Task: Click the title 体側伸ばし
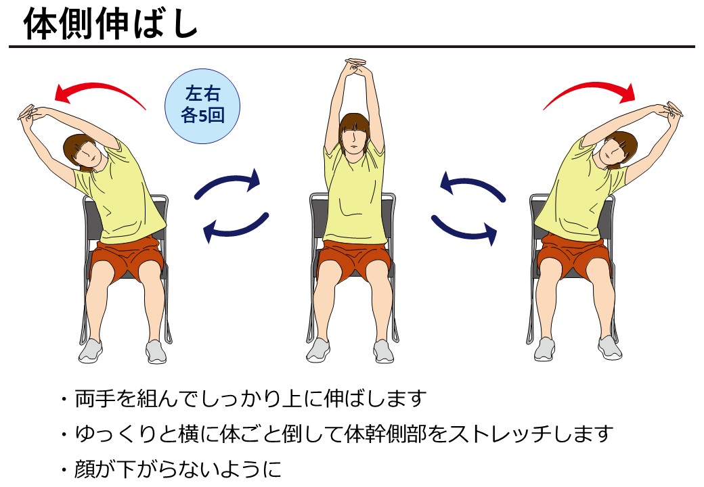click(x=110, y=24)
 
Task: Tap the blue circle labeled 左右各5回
click(x=202, y=106)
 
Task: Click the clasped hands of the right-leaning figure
click(x=672, y=110)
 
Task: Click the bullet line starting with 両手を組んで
click(x=250, y=398)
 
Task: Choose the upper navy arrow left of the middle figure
click(x=229, y=183)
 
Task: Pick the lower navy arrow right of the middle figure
click(x=464, y=229)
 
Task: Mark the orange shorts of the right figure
click(x=574, y=256)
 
